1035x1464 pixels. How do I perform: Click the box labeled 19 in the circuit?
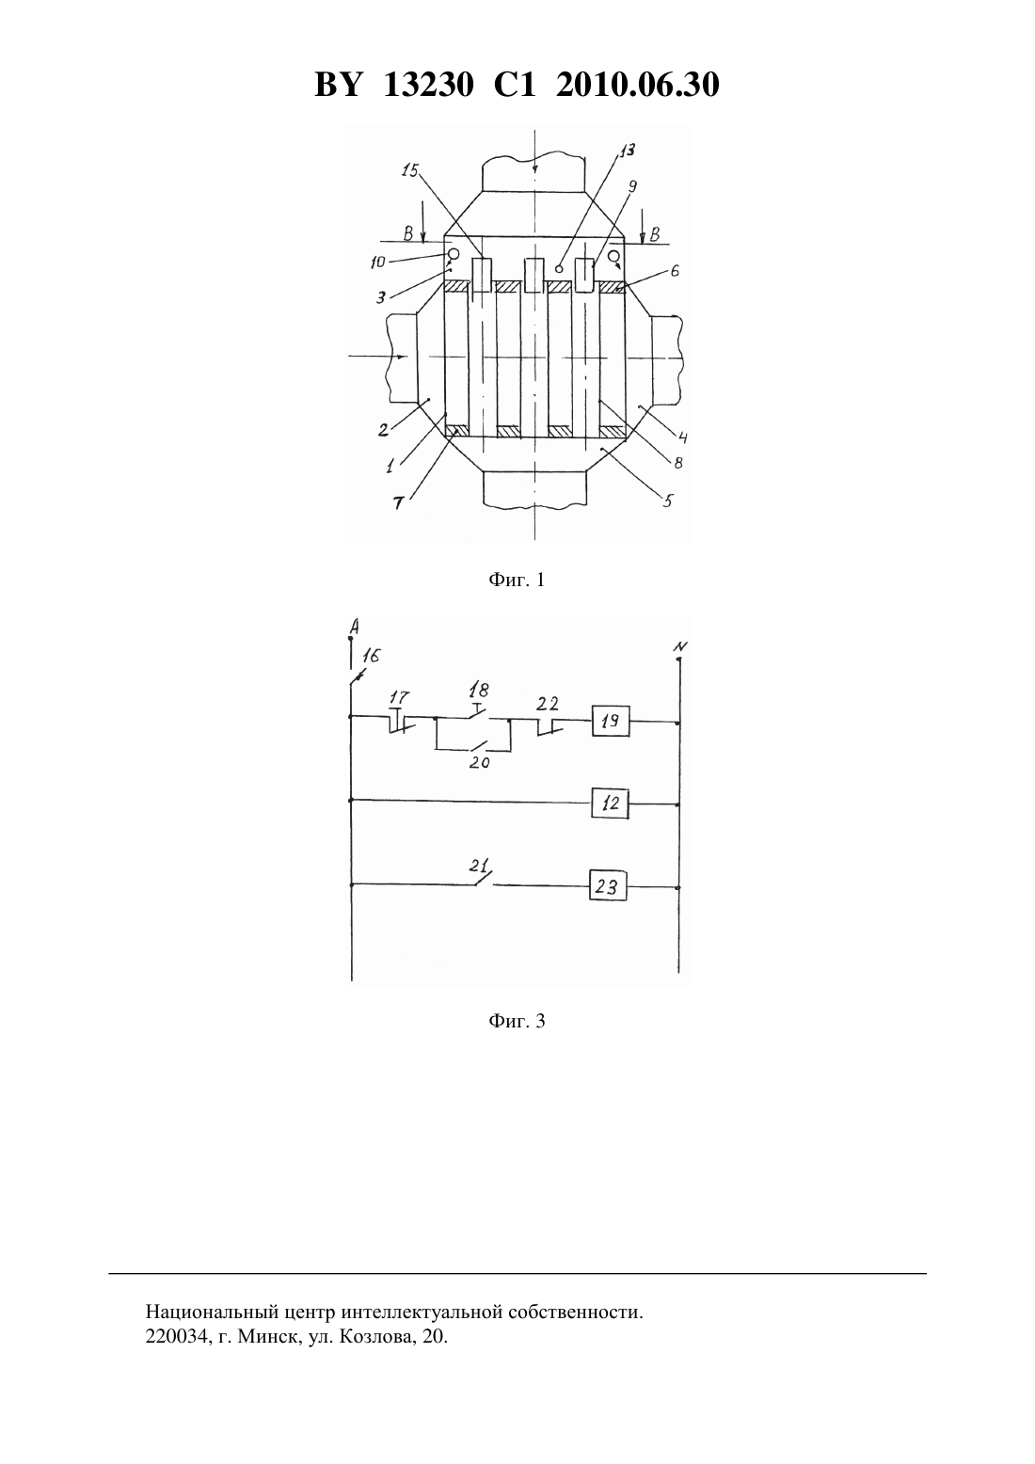tap(611, 722)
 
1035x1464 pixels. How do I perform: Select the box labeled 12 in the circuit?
tap(611, 803)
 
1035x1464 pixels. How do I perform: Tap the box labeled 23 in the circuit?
tap(607, 887)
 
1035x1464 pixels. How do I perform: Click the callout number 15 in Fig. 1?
tap(409, 170)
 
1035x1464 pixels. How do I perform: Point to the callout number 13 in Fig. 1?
tap(628, 151)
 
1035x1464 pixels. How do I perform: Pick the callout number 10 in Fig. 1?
tap(377, 263)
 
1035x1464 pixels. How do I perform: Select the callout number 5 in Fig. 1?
tap(667, 501)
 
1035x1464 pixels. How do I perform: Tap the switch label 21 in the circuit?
tap(479, 867)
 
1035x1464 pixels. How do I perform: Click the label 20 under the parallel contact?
tap(479, 763)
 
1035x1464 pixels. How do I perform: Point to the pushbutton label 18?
tap(479, 690)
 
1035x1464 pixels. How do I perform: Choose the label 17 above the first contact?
tap(399, 697)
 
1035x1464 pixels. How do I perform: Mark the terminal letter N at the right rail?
tap(680, 647)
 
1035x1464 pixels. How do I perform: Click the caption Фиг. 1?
tap(517, 580)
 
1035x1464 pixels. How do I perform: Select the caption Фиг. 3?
tap(517, 1021)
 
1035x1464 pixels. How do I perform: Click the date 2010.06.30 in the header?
tap(638, 85)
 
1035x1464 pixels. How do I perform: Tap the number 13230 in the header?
tap(428, 85)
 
